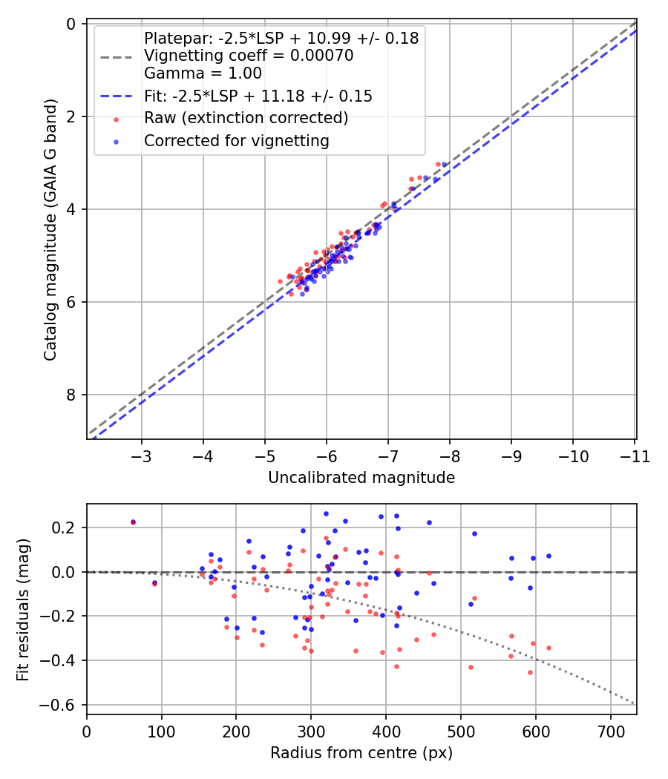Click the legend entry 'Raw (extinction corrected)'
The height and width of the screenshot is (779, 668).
pos(246,118)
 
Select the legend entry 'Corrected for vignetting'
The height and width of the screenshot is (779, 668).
pos(236,140)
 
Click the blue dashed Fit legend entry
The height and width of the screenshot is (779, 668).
pos(258,96)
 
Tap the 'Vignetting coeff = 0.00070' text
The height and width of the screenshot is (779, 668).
pos(249,56)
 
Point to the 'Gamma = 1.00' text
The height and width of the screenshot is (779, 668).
pos(203,73)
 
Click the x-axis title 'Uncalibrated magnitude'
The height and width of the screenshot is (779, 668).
pos(361,478)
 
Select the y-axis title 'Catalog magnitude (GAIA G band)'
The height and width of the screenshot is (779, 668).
pos(50,231)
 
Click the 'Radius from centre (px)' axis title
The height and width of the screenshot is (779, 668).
pos(361,753)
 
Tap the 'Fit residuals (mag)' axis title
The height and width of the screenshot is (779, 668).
pos(24,609)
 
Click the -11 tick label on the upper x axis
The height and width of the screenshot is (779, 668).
pos(634,456)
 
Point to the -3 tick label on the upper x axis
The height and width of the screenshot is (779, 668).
pos(142,456)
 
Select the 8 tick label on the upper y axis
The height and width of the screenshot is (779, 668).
pos(71,395)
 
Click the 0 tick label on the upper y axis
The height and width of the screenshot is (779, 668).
pos(71,24)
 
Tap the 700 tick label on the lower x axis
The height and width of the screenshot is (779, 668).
pos(610,732)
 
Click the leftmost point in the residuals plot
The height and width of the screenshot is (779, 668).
pos(133,522)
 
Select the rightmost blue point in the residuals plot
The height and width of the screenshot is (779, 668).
pos(549,556)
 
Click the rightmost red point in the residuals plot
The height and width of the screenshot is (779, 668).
pos(549,648)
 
